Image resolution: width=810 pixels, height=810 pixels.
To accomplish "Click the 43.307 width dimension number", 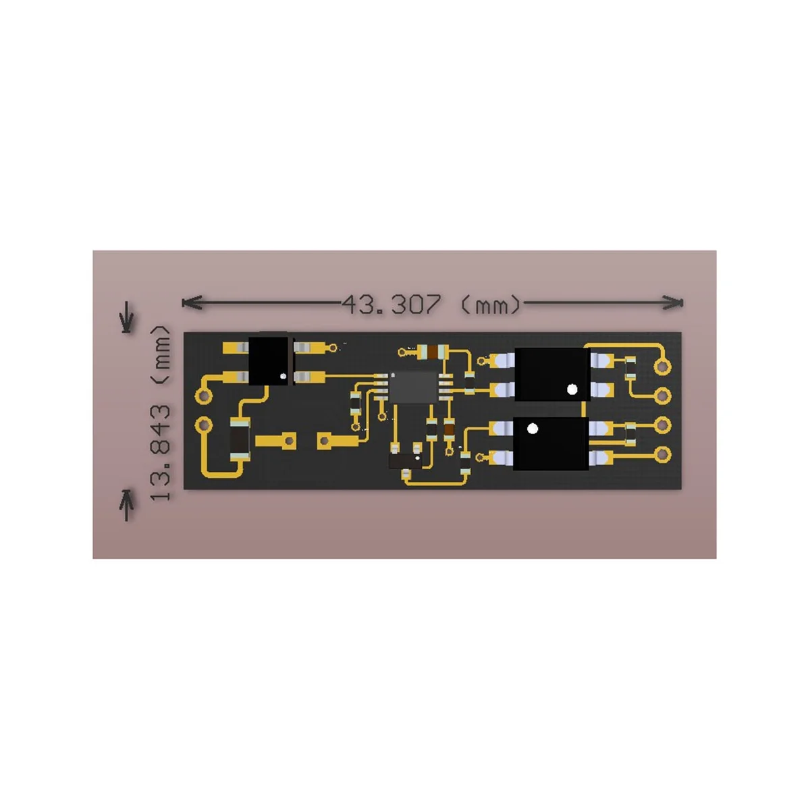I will tap(391, 304).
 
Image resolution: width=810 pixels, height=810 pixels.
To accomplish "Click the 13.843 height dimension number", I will tap(160, 452).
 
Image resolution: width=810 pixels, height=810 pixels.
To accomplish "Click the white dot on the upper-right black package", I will tap(572, 389).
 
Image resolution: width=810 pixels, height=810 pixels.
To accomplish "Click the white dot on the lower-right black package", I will tap(532, 429).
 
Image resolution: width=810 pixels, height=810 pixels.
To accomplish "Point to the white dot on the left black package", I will tap(283, 375).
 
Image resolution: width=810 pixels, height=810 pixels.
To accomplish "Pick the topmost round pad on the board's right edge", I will tap(663, 367).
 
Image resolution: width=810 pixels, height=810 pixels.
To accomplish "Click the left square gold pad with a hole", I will tap(288, 441).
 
